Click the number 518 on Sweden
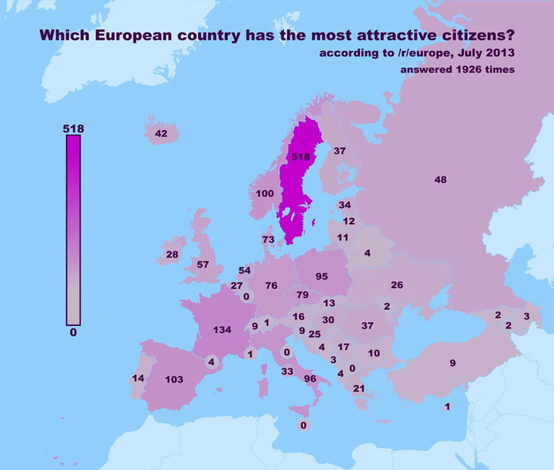tap(301, 156)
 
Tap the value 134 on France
tap(222, 329)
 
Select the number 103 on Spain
tap(174, 379)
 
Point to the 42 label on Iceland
tap(161, 133)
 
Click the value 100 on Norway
tap(265, 193)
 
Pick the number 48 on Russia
tap(440, 180)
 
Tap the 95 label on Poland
tap(321, 276)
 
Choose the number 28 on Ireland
tap(172, 254)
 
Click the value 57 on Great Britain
tap(202, 264)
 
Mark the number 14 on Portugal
tap(138, 378)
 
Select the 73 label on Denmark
tap(268, 240)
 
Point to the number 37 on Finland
tap(340, 151)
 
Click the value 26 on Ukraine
tap(396, 285)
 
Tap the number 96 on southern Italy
tap(310, 378)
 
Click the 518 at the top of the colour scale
tap(73, 129)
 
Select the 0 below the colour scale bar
tap(73, 332)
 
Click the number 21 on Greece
tap(359, 388)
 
